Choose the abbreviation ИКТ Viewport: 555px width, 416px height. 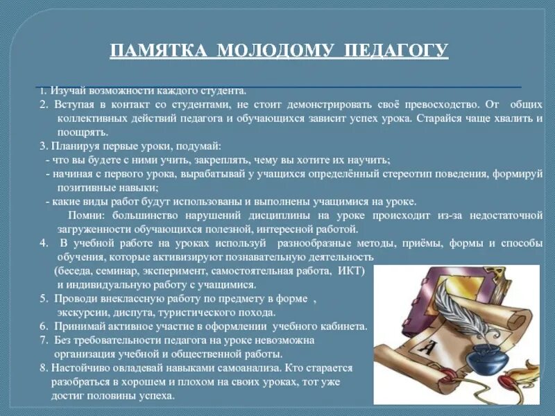(349, 270)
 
